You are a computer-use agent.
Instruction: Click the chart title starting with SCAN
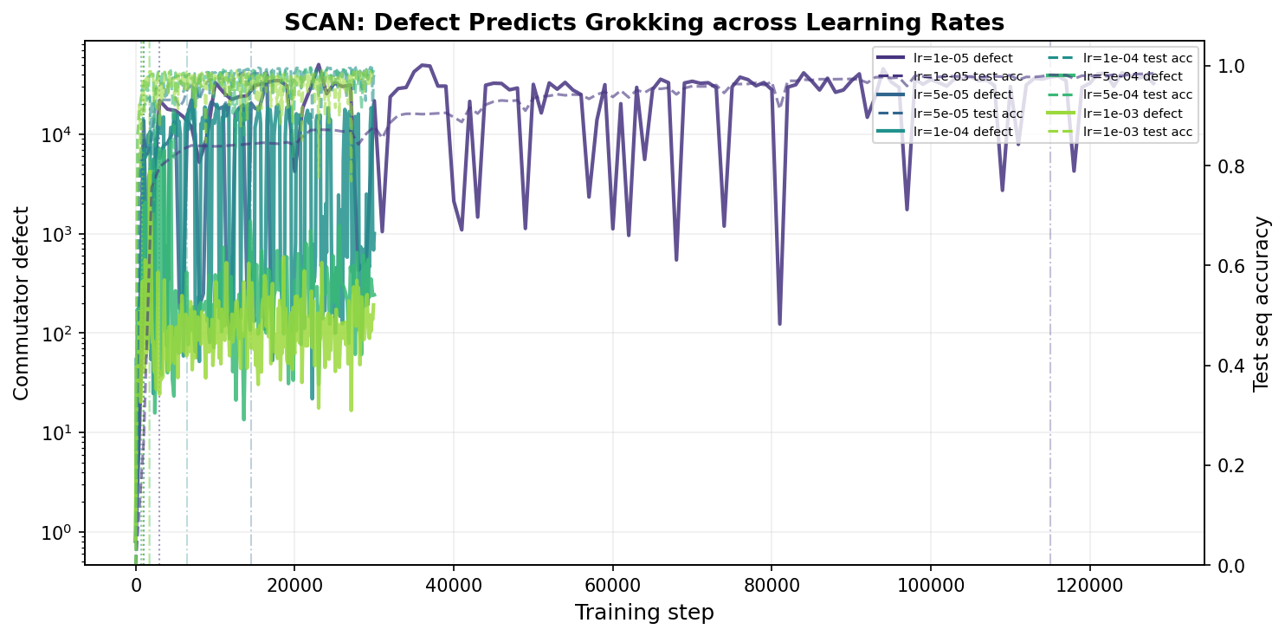point(644,23)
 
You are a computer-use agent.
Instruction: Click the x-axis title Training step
point(644,613)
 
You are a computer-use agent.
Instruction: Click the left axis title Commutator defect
point(22,302)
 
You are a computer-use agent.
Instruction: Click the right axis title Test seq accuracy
point(1262,303)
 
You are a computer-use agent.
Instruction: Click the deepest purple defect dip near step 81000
point(779,323)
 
